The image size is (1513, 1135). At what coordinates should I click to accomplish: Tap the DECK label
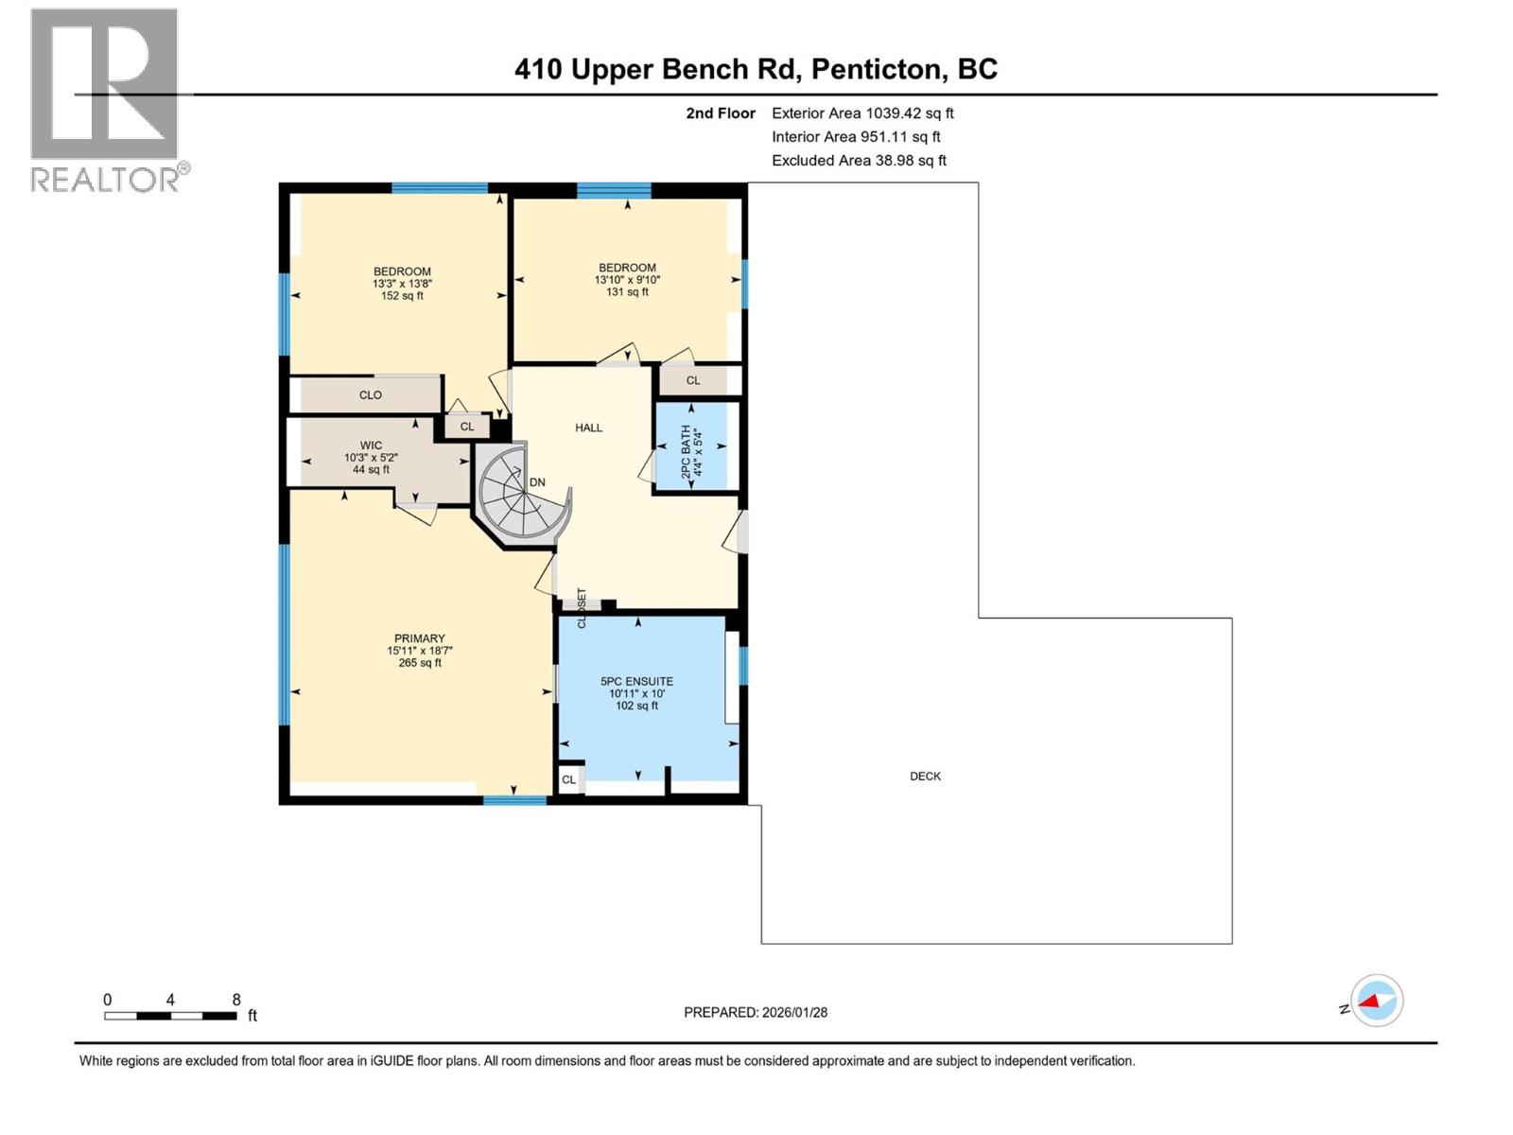point(925,776)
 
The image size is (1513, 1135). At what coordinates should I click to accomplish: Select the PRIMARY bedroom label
point(419,638)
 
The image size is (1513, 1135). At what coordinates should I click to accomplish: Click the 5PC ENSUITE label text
point(636,681)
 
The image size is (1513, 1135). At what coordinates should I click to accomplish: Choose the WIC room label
point(371,445)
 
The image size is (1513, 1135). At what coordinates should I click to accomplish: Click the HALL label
point(588,428)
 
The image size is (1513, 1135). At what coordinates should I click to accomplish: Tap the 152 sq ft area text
point(402,296)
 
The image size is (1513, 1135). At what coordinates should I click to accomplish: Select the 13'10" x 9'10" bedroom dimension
point(627,280)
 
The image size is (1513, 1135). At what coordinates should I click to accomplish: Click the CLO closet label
point(370,395)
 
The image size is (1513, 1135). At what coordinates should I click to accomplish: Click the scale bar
point(170,1016)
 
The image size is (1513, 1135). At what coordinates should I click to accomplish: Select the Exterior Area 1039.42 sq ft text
point(861,113)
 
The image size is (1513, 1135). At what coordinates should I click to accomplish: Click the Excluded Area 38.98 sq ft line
point(858,161)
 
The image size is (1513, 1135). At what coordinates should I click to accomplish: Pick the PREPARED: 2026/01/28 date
point(756,1012)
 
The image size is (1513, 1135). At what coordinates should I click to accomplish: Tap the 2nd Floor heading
point(721,113)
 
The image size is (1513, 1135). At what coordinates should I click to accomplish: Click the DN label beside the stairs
point(537,482)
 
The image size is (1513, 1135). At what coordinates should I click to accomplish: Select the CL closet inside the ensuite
point(568,779)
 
